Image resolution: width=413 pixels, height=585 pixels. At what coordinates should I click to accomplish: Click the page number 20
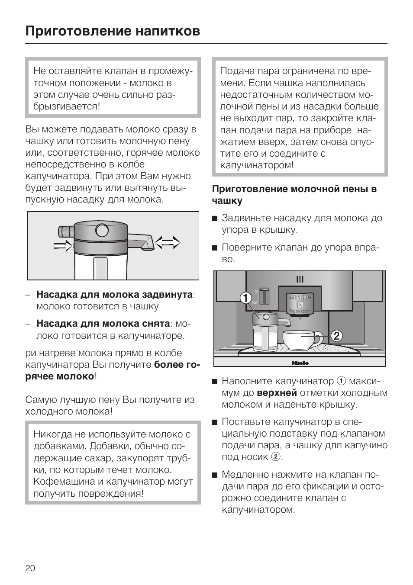pos(30,568)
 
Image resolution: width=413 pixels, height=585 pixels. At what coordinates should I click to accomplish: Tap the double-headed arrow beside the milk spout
pos(168,243)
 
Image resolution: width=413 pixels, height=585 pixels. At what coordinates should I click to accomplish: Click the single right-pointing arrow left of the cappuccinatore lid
pos(63,246)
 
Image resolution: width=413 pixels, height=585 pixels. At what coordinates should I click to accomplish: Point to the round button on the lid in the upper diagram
pos(102,230)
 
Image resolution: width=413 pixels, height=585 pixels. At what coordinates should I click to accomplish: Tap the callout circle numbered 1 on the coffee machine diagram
pos(245,298)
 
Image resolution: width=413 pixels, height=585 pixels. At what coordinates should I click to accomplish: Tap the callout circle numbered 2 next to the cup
pos(337,336)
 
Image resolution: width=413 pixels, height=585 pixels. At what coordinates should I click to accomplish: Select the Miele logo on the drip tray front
pos(300,363)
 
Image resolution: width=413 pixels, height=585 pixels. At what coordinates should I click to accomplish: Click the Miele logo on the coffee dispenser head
pos(300,297)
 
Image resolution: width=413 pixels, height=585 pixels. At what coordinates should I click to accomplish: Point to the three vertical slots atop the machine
pos(300,280)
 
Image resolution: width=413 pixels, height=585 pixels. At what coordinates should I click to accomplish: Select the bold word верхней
pos(277,393)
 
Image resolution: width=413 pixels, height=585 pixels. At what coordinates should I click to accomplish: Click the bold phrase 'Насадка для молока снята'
pos(103,324)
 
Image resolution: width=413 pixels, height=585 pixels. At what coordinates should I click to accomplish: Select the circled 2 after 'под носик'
pos(275,457)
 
